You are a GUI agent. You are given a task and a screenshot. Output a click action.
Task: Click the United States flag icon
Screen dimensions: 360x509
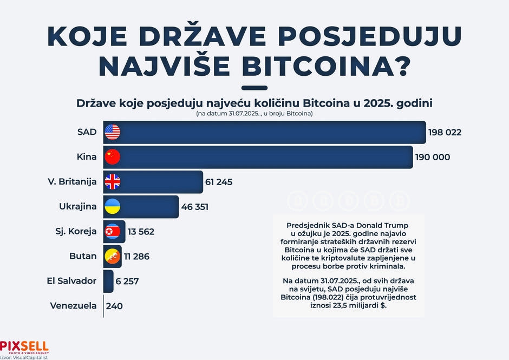click(112, 132)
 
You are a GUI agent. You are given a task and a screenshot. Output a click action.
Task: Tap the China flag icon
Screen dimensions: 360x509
click(112, 157)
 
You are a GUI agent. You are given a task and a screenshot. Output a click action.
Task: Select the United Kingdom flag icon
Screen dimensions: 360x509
click(112, 182)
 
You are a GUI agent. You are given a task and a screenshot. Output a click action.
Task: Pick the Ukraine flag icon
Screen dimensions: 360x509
click(112, 207)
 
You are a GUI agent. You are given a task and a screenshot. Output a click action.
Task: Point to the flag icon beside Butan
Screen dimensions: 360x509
click(112, 256)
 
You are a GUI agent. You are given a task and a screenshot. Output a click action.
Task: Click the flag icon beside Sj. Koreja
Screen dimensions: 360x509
click(112, 232)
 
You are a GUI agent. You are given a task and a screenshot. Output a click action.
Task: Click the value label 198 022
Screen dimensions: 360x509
click(445, 132)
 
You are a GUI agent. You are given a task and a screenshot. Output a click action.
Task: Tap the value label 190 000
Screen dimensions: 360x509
click(432, 157)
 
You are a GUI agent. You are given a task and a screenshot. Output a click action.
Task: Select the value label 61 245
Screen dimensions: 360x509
click(218, 182)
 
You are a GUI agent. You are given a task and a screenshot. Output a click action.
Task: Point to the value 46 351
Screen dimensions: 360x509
click(194, 207)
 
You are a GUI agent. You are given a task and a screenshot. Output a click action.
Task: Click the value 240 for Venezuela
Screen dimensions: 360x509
click(114, 306)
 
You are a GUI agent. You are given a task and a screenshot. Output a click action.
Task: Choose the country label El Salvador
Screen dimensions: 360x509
click(71, 281)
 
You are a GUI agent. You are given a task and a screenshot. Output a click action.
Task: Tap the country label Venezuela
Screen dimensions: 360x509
click(73, 306)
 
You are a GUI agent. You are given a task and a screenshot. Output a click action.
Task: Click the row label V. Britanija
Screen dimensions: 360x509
click(72, 182)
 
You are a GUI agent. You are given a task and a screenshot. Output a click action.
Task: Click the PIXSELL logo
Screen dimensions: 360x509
click(24, 346)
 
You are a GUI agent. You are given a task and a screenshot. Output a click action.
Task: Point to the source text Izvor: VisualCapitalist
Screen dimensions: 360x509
click(24, 357)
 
